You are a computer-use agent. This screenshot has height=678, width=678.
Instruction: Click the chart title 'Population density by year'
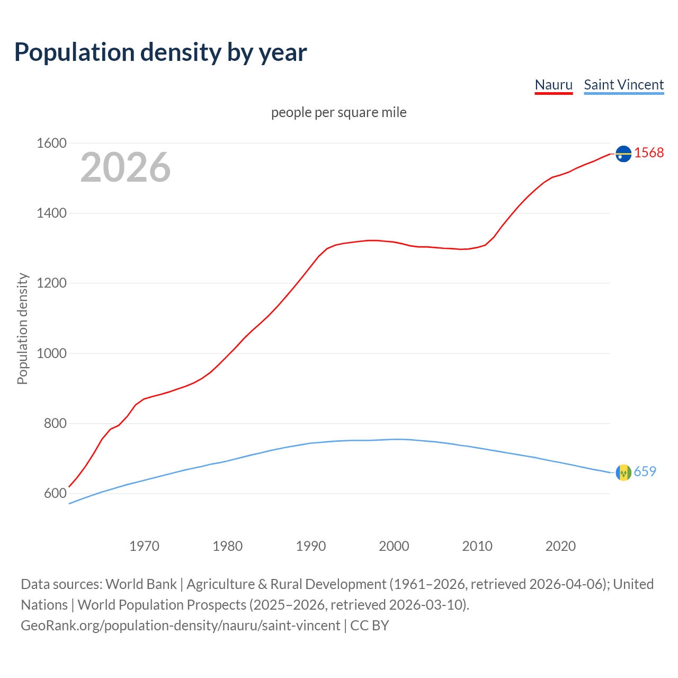tap(160, 52)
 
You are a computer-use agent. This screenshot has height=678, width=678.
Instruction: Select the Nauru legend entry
tap(554, 85)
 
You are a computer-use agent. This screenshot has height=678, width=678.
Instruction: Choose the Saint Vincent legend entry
tap(623, 85)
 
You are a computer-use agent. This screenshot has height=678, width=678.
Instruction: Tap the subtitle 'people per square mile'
tap(338, 112)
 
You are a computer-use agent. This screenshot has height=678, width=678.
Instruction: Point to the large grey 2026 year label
tap(126, 167)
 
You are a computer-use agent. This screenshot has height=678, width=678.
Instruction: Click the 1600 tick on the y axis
tap(51, 143)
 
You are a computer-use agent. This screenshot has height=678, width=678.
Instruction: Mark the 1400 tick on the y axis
tap(51, 213)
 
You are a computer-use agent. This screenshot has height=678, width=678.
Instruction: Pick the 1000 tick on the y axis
tap(51, 353)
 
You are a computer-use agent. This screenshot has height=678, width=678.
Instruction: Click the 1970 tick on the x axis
tap(144, 546)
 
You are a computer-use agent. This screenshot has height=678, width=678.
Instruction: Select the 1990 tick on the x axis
tap(311, 546)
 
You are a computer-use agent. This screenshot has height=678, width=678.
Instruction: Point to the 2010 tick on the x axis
tap(477, 546)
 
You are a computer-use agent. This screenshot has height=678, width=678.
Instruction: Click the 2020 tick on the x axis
tap(560, 546)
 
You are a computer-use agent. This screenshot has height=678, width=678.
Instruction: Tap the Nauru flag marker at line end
tap(623, 153)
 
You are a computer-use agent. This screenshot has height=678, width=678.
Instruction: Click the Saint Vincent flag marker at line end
tap(623, 472)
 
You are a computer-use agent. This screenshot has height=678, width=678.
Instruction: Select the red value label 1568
tap(649, 153)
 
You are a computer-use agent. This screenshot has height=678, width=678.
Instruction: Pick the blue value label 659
tap(645, 471)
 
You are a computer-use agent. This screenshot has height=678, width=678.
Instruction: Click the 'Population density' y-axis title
tap(22, 328)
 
